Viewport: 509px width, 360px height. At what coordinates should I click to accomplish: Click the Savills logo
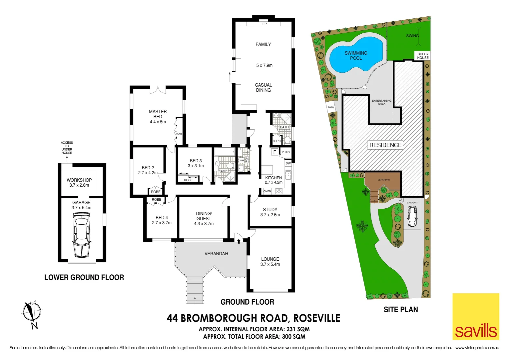[x=476, y=317]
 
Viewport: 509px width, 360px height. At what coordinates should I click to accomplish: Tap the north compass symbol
[x=32, y=313]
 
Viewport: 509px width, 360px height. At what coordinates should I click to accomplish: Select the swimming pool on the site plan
[x=356, y=55]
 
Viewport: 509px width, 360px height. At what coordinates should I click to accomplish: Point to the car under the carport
[x=412, y=216]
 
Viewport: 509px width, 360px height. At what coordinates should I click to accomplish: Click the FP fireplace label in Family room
[x=264, y=24]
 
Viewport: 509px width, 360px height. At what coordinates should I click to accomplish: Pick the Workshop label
[x=79, y=180]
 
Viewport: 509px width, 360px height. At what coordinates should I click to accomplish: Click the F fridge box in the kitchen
[x=274, y=152]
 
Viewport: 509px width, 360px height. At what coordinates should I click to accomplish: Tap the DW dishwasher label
[x=288, y=163]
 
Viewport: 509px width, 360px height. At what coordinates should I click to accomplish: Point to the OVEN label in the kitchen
[x=267, y=191]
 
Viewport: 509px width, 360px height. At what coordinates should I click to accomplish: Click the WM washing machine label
[x=242, y=161]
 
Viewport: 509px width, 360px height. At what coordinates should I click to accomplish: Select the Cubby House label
[x=423, y=56]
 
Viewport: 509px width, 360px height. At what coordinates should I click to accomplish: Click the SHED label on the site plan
[x=331, y=107]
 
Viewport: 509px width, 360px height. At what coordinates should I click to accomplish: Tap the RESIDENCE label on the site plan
[x=385, y=145]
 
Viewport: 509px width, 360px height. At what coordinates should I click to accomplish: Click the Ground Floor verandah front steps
[x=195, y=290]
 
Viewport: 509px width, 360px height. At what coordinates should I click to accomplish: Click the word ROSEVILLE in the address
[x=317, y=318]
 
